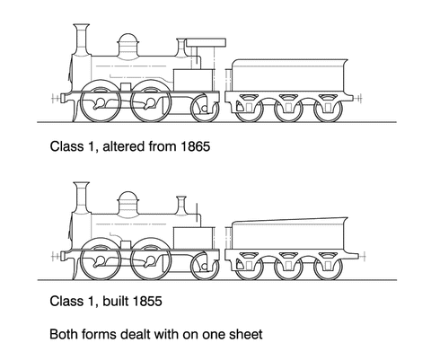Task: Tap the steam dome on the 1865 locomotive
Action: (x=128, y=45)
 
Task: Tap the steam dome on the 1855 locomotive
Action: (x=128, y=203)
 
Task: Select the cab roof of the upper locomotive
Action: (x=206, y=42)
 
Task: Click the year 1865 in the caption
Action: (x=195, y=146)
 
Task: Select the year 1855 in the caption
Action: (x=147, y=301)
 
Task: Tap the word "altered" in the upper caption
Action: (x=124, y=146)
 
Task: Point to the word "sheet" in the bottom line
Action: (x=246, y=334)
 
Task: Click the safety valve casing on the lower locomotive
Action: (x=181, y=206)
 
